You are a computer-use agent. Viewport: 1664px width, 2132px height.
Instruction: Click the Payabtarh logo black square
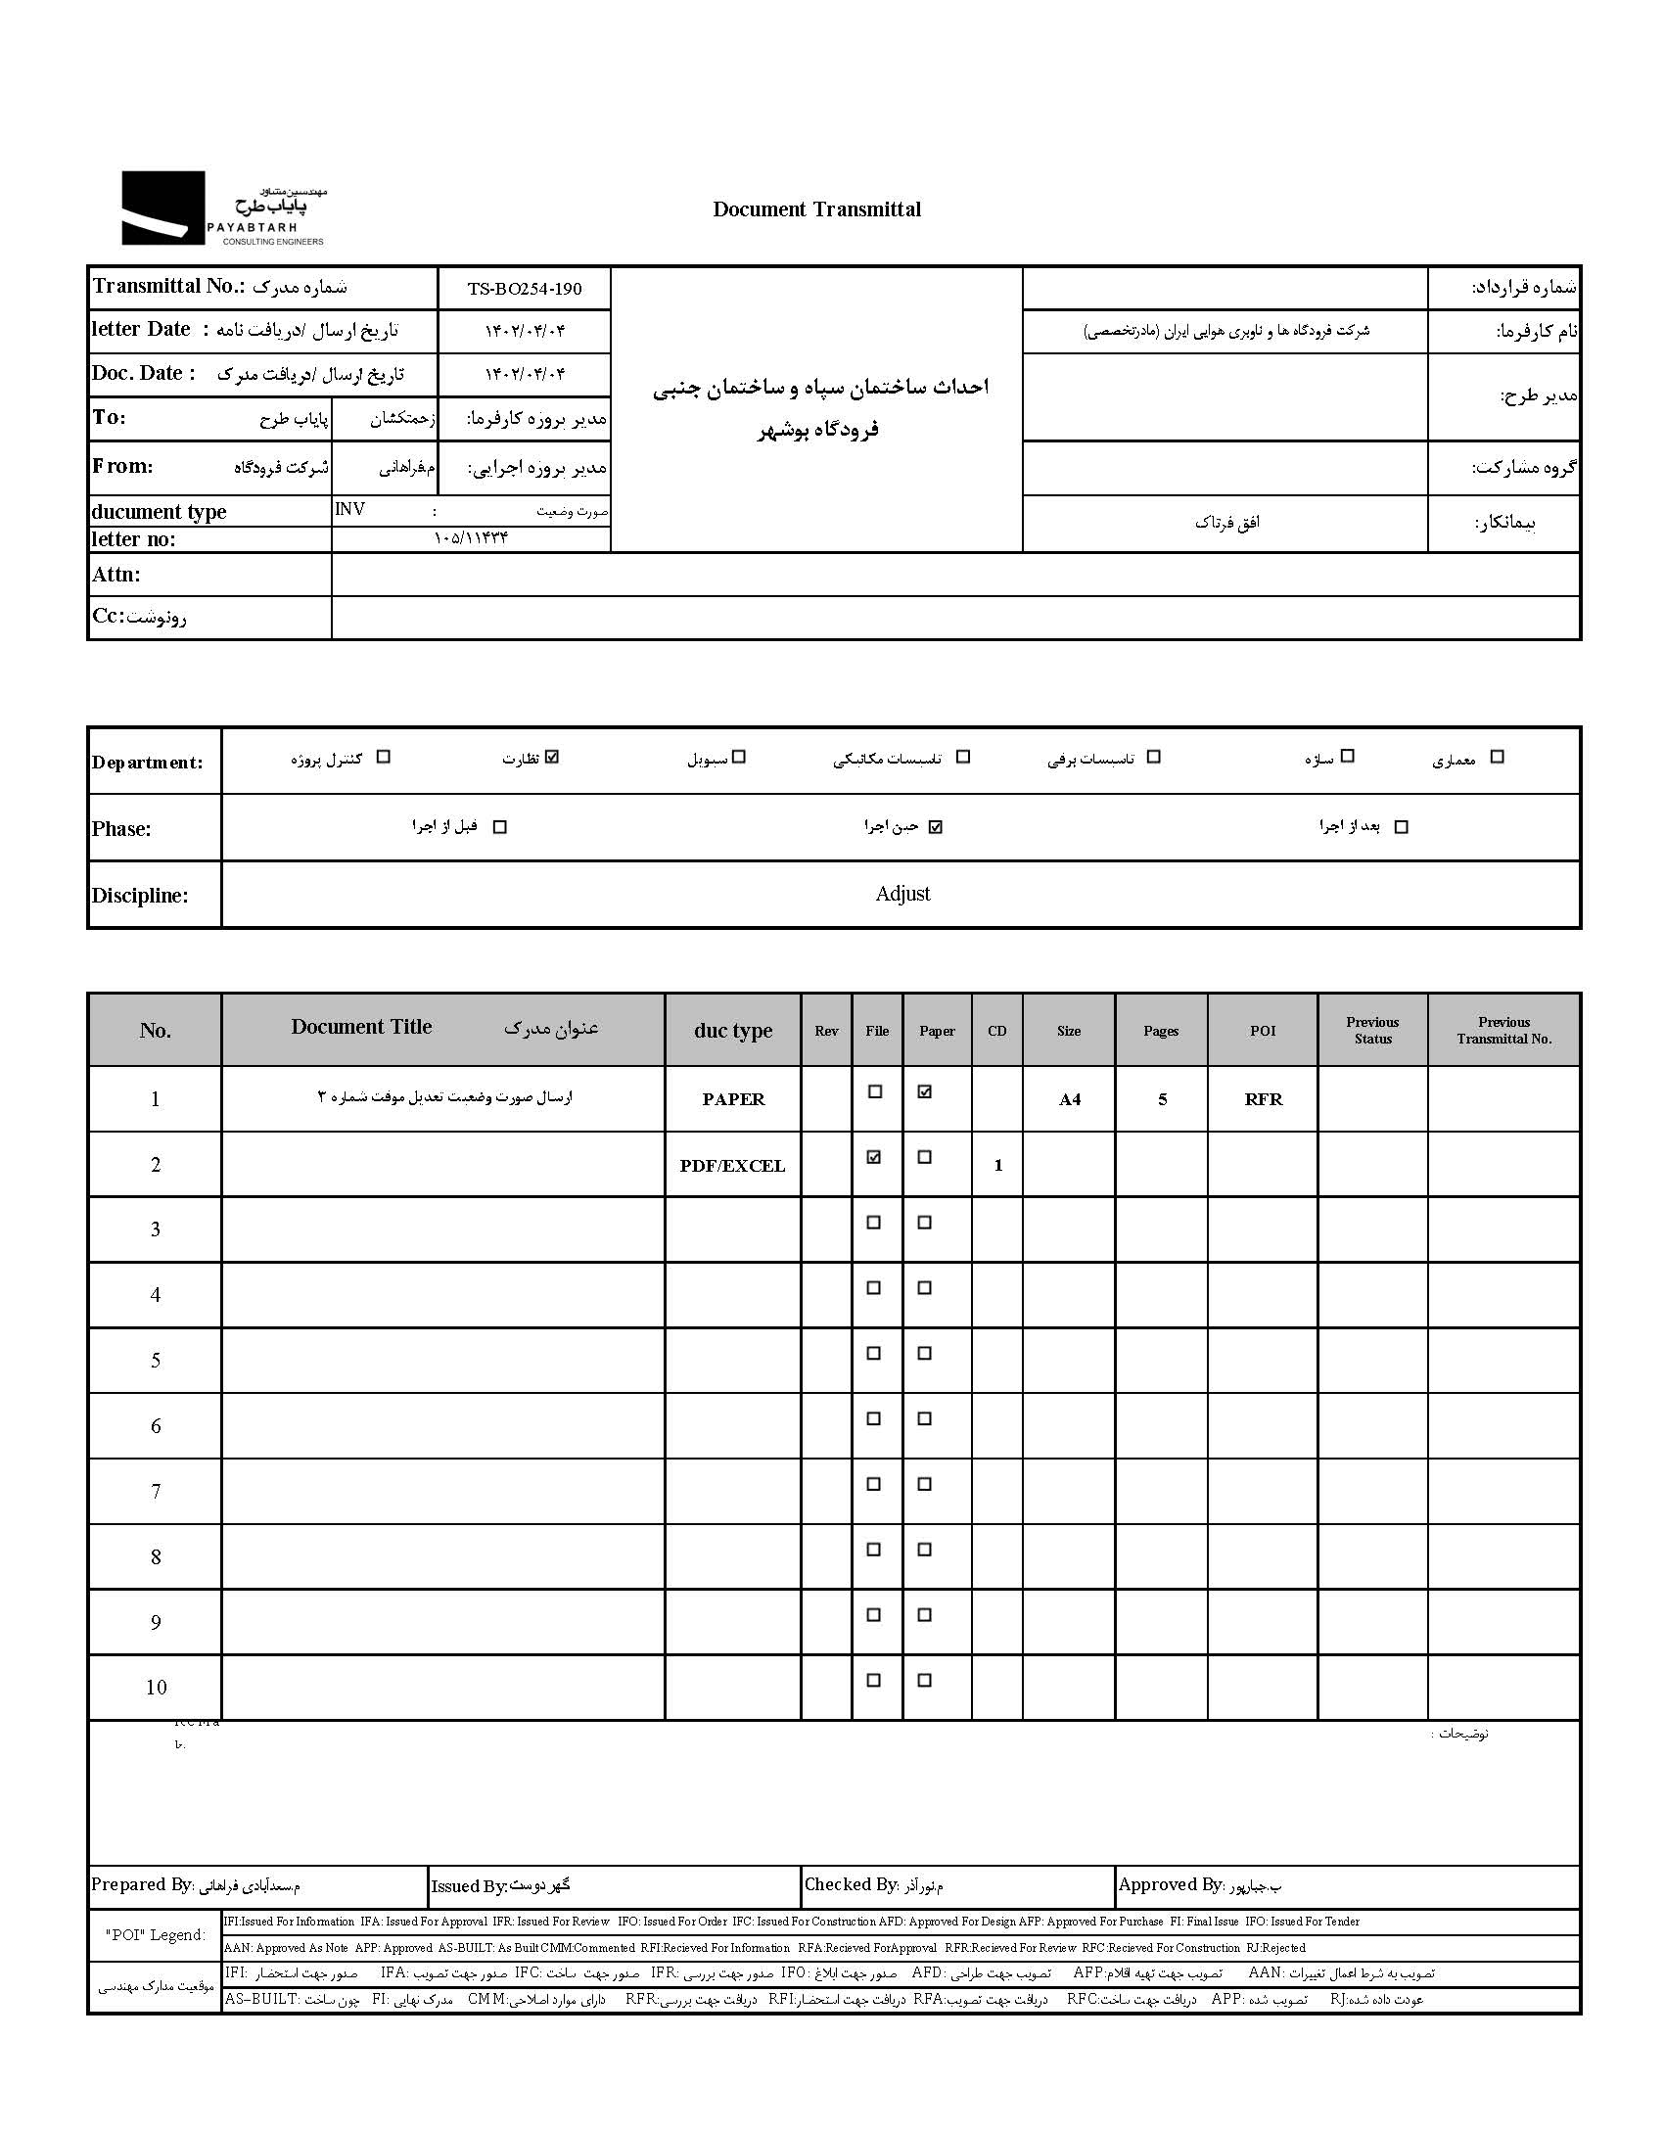(x=162, y=208)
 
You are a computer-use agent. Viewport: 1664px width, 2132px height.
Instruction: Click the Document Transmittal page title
(x=816, y=209)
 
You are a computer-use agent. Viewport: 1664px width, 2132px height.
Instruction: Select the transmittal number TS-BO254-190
(x=525, y=289)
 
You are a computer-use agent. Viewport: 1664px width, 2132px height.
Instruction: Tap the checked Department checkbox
(x=552, y=757)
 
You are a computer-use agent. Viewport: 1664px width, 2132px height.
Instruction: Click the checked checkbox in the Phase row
(x=936, y=827)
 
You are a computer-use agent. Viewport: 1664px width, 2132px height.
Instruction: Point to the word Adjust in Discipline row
(x=902, y=894)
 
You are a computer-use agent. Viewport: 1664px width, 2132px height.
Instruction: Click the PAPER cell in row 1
(x=733, y=1099)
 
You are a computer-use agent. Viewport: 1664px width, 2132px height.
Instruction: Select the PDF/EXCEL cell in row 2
(x=733, y=1166)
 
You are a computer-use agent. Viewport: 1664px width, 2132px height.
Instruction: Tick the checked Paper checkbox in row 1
(x=925, y=1091)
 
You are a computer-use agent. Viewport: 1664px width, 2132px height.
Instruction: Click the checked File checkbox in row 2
(x=874, y=1157)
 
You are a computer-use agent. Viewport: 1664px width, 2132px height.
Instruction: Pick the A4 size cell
(x=1069, y=1099)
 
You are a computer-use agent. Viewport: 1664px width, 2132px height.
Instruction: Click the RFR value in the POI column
(x=1263, y=1099)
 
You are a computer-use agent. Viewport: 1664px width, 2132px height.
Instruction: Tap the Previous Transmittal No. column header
(x=1503, y=1030)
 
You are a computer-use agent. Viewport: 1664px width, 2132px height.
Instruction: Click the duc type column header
(x=733, y=1031)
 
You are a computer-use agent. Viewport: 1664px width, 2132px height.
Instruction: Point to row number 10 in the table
(x=156, y=1687)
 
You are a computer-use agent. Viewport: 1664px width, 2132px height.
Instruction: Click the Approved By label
(x=1170, y=1884)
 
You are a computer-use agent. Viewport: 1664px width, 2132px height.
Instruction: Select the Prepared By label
(x=143, y=1884)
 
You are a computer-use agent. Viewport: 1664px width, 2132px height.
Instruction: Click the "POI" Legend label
(x=156, y=1934)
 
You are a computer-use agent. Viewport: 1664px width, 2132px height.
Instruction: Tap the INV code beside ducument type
(x=349, y=509)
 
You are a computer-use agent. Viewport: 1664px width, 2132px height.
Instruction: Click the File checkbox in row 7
(x=874, y=1484)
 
